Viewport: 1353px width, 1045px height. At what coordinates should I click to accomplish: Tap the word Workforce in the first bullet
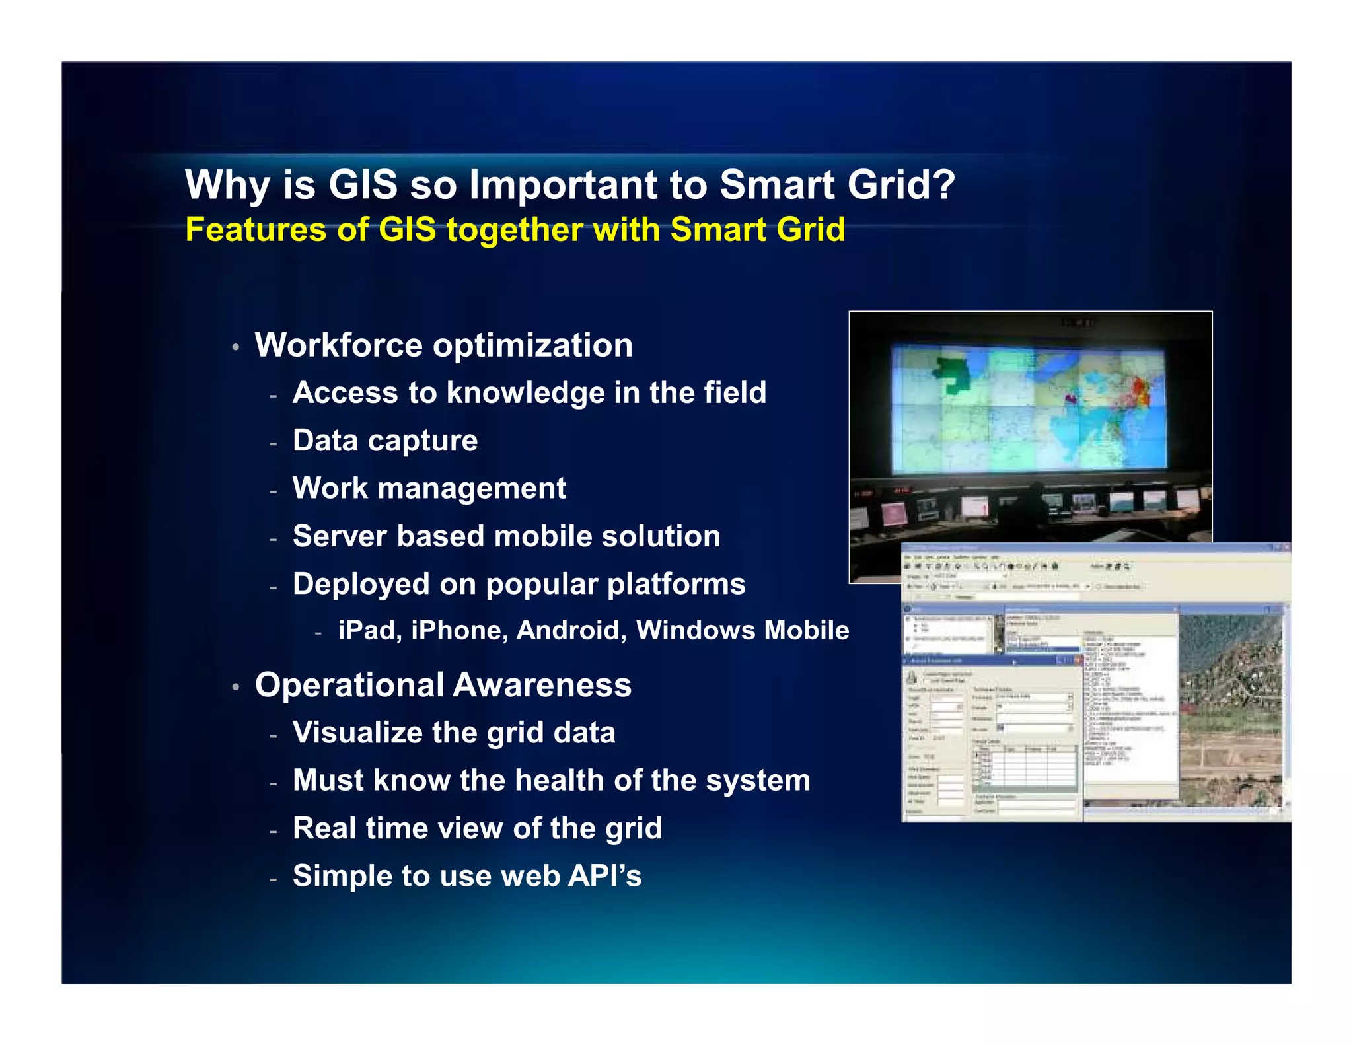(339, 345)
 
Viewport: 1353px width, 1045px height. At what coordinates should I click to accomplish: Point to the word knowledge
(525, 393)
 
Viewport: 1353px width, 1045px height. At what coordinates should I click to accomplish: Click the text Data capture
(385, 441)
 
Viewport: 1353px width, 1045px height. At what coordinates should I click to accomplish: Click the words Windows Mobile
(742, 630)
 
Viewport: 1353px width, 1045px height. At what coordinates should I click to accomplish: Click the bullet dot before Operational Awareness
(236, 687)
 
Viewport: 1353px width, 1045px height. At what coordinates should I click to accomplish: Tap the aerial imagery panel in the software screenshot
(1230, 710)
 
